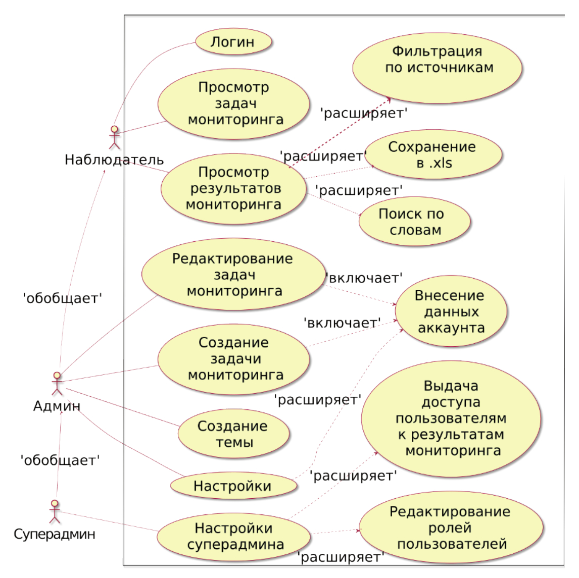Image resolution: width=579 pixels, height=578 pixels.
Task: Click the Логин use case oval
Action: (233, 42)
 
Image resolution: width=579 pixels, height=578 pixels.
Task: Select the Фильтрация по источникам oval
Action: (438, 68)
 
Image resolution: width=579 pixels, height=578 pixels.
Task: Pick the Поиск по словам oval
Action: (414, 222)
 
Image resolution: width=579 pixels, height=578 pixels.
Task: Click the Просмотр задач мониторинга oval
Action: (233, 104)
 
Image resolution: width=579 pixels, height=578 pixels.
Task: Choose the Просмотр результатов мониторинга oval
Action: (233, 189)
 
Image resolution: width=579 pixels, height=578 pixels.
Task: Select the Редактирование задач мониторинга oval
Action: (233, 274)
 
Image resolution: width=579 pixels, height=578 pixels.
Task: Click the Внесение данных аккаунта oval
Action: (451, 311)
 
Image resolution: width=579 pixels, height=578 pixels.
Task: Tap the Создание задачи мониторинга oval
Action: (233, 359)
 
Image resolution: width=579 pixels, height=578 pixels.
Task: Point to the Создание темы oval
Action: (233, 434)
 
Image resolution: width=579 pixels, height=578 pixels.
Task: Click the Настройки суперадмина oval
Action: (233, 536)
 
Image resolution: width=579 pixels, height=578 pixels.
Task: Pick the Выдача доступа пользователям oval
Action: (451, 418)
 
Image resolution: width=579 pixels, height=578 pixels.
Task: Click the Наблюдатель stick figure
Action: (115, 137)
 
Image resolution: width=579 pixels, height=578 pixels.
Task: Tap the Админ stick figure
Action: (57, 384)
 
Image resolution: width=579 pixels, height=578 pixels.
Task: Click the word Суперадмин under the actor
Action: (54, 534)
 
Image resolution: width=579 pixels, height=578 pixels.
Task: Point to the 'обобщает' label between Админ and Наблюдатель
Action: (63, 298)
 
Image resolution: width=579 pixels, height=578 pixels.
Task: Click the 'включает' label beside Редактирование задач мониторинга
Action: (364, 278)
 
